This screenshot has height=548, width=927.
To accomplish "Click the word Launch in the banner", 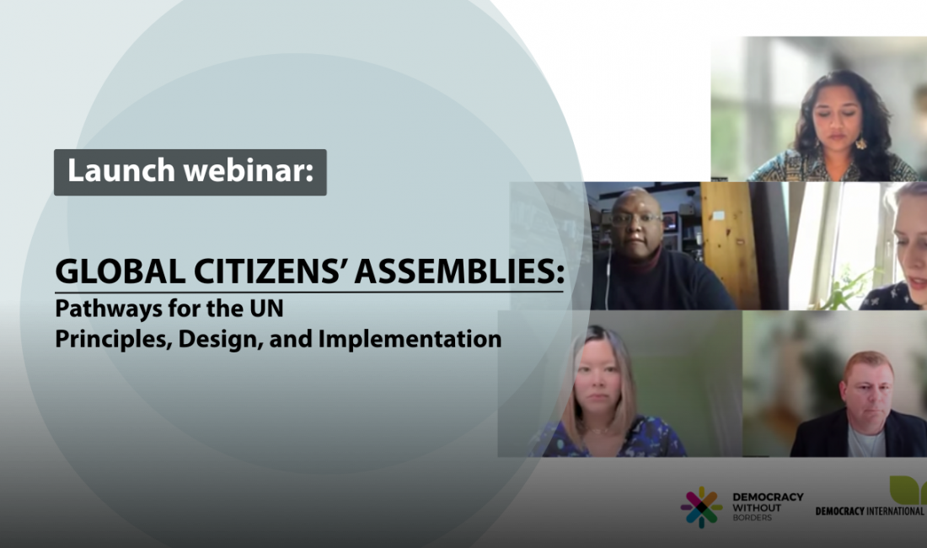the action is (121, 170).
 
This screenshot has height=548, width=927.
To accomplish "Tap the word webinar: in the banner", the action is (249, 170).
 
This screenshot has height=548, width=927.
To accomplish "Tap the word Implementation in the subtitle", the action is (410, 339).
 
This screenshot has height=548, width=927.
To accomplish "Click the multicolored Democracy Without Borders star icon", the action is (701, 508).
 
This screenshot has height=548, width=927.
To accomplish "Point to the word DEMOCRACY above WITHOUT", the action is (768, 497).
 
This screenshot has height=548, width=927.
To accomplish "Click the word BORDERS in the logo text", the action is (752, 518).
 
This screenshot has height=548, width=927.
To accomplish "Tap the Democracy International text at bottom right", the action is (869, 511).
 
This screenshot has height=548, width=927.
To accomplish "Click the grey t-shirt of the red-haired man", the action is (866, 442).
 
